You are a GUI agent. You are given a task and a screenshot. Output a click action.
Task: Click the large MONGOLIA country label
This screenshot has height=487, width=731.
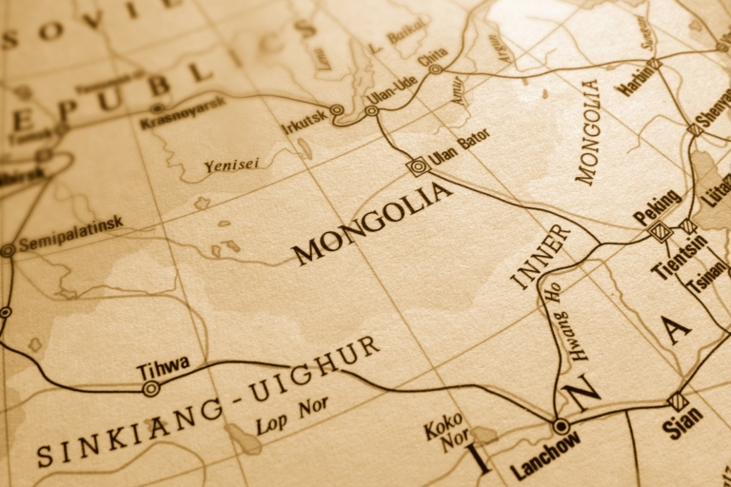point(372,223)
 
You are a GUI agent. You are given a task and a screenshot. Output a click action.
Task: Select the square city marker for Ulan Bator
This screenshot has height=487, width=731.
point(417,166)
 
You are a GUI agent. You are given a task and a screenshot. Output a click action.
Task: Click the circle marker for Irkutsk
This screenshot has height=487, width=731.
point(336,110)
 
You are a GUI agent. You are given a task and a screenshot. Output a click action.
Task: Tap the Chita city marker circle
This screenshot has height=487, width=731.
point(435,68)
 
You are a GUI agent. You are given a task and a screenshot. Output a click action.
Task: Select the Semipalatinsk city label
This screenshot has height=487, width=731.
point(70,234)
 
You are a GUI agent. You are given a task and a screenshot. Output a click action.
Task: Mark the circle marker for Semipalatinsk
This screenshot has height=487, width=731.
point(8,250)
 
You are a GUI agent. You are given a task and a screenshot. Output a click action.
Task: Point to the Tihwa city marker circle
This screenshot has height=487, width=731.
point(150,388)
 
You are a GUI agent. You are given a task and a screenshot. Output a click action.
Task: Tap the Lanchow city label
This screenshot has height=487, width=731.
point(544,460)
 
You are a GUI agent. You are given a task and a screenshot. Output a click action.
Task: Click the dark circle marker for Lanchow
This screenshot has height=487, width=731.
point(562,426)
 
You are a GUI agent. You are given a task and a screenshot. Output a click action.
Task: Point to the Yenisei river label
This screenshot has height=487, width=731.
point(231,166)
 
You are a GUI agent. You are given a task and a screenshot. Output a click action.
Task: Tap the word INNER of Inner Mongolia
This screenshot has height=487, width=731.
point(540,256)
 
